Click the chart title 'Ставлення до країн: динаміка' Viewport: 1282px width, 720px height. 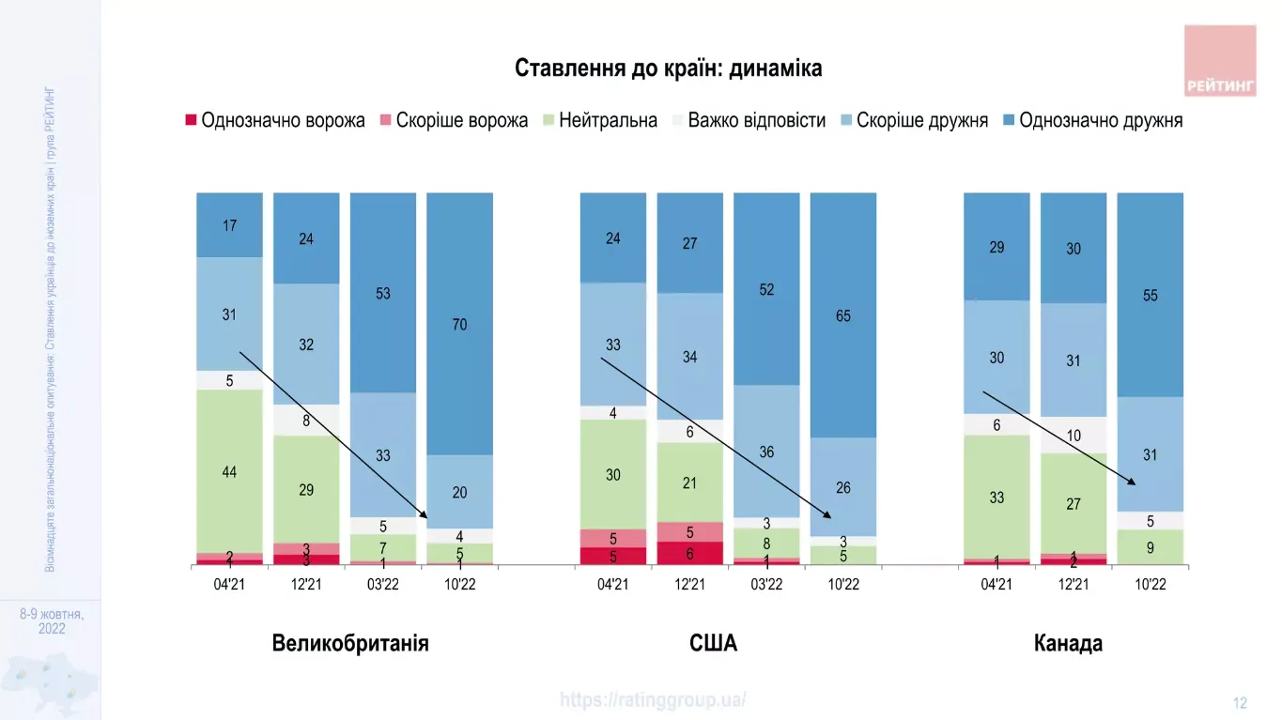[668, 69]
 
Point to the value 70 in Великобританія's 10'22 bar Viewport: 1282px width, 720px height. [459, 325]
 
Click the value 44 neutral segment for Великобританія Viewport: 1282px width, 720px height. [229, 471]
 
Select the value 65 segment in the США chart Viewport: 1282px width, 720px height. [843, 316]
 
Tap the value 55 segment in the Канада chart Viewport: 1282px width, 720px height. [1151, 296]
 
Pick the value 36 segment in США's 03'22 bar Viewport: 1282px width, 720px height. [766, 452]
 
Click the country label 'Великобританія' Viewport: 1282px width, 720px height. [350, 644]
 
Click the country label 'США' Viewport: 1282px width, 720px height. [713, 644]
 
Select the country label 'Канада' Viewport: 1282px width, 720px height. [1068, 644]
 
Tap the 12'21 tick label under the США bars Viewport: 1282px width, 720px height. [689, 584]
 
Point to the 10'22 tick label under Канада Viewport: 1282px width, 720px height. [1151, 584]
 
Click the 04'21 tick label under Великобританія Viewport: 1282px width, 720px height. [229, 584]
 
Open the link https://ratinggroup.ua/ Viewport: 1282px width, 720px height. [654, 699]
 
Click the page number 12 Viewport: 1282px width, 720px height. [1240, 703]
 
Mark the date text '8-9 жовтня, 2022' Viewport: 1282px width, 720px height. [52, 621]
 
